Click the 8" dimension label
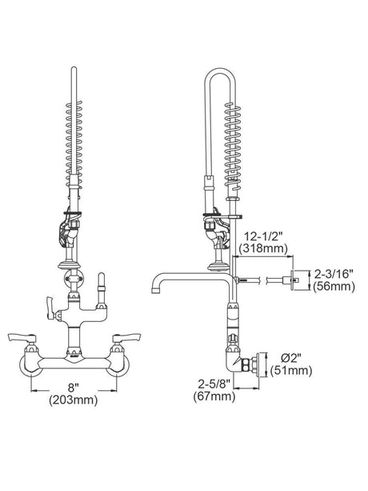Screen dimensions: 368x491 (x=73, y=388)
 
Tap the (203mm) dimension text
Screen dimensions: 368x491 (x=73, y=400)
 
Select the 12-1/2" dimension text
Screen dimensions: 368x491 (x=262, y=236)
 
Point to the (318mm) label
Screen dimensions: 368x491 (x=263, y=248)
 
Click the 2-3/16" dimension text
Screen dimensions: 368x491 (x=334, y=275)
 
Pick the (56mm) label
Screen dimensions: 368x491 (x=334, y=287)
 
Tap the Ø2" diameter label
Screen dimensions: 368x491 (x=290, y=358)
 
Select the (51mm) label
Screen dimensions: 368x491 (x=291, y=371)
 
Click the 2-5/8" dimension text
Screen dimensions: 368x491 (x=214, y=384)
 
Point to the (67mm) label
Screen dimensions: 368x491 (x=214, y=396)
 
